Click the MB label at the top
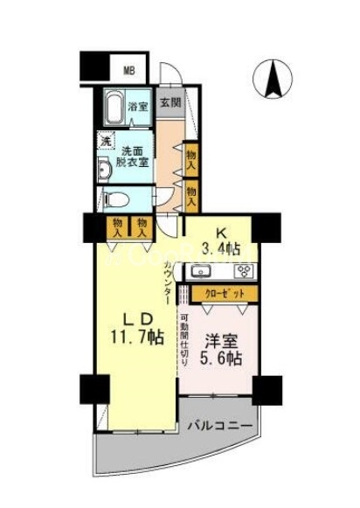point(128,70)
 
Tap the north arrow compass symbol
point(271,80)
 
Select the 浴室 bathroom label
point(138,107)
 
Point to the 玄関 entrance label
point(170,102)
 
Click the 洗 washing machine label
point(105,141)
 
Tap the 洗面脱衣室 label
point(134,156)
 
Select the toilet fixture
point(115,198)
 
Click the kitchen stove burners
point(239,272)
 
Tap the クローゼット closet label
point(226,293)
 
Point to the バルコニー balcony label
point(221,425)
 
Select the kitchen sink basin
point(200,272)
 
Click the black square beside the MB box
point(96,66)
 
